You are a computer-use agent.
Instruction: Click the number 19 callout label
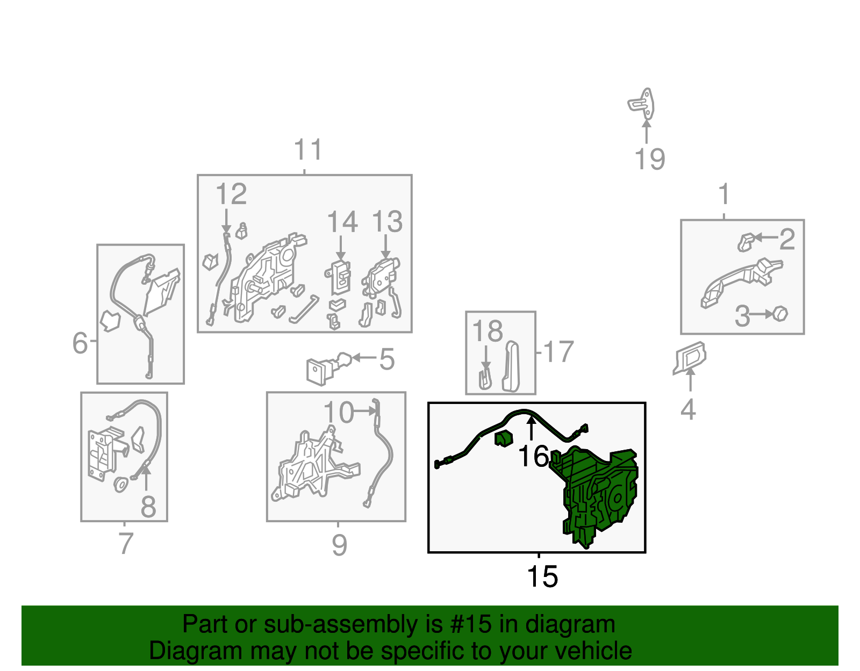(x=649, y=160)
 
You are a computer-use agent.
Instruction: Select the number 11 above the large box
(x=308, y=149)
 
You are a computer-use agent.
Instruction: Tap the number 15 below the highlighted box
(x=542, y=576)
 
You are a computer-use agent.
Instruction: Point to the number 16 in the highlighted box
(x=533, y=456)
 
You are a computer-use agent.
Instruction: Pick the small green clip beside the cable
(x=504, y=438)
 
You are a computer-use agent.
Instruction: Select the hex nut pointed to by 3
(x=780, y=314)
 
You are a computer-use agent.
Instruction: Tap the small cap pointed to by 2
(x=746, y=242)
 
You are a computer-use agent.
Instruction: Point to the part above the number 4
(x=690, y=358)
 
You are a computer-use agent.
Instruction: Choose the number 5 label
(x=386, y=359)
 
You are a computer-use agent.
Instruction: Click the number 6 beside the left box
(x=80, y=342)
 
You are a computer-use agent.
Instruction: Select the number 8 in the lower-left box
(x=148, y=507)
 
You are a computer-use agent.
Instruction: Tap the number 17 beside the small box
(x=558, y=351)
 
